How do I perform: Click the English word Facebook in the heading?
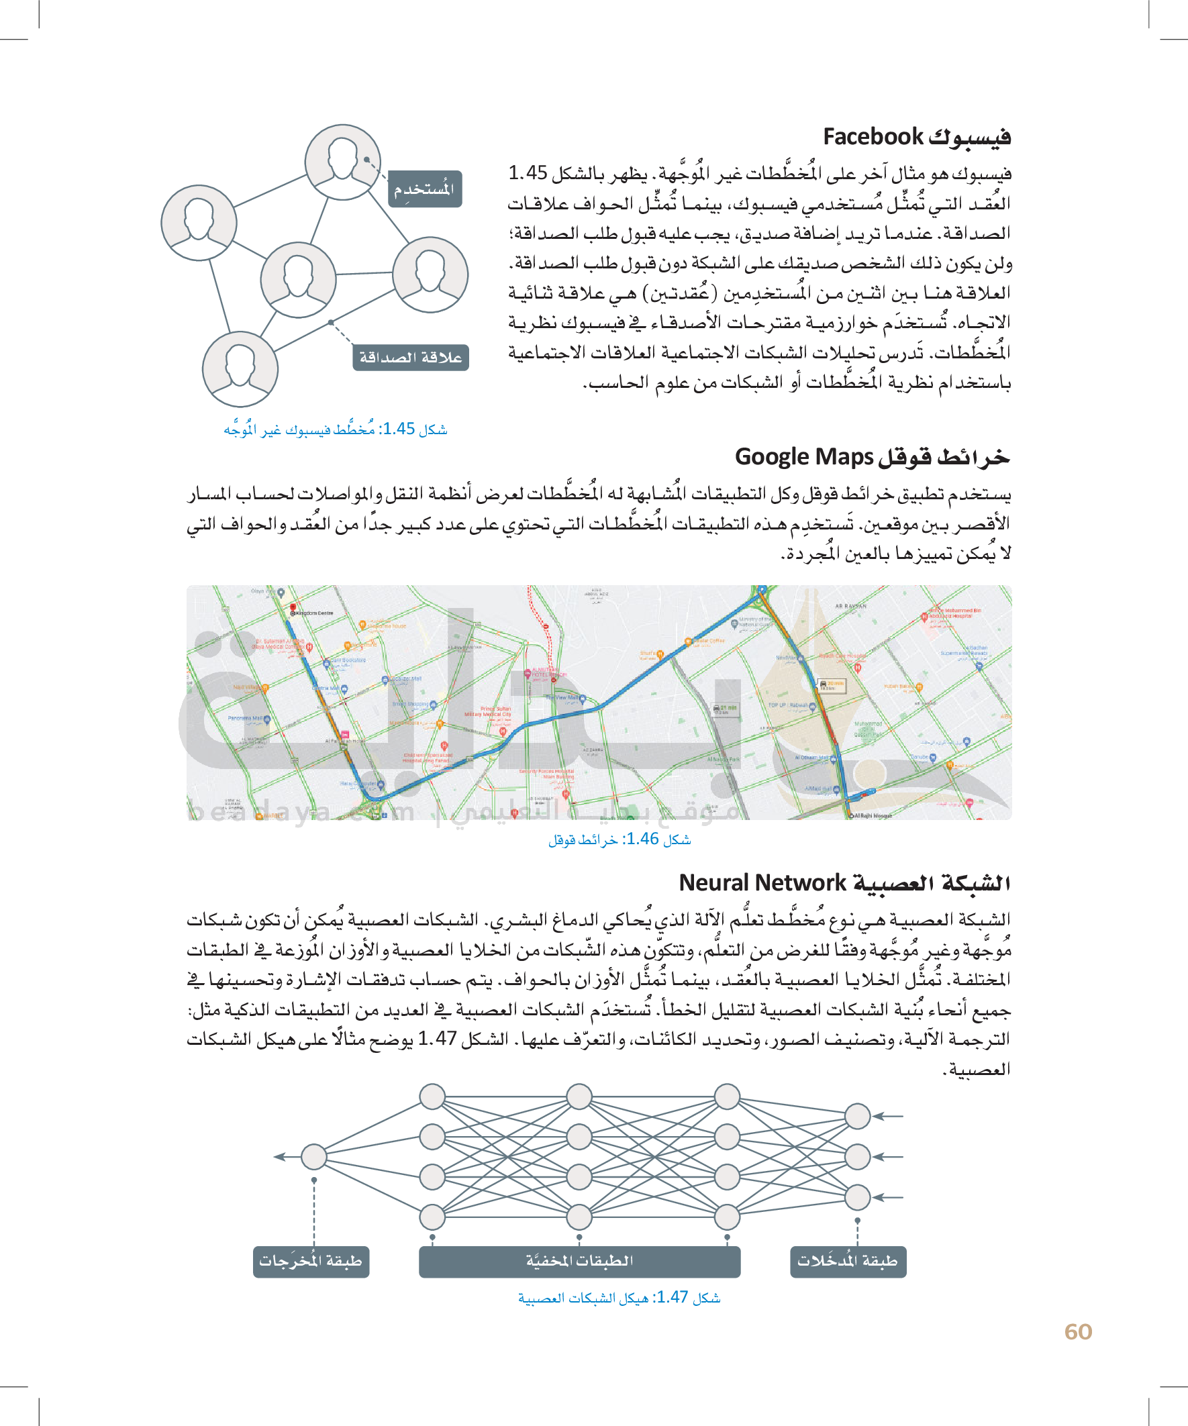point(873,136)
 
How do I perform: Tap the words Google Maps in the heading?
point(803,456)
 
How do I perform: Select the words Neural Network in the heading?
point(762,882)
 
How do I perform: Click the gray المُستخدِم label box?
point(425,189)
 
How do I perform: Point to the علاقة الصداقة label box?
point(410,357)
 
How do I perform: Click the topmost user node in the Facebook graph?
point(342,162)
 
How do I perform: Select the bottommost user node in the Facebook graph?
point(240,368)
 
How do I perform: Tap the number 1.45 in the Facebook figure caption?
point(398,429)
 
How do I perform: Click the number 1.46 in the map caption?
point(642,839)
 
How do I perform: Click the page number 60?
point(1078,1331)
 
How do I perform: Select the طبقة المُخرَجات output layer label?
point(310,1261)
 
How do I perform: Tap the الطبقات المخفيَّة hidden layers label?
point(579,1261)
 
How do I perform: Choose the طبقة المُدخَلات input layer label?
point(848,1261)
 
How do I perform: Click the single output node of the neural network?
point(314,1156)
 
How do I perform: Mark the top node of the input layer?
point(857,1116)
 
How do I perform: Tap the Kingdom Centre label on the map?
point(314,613)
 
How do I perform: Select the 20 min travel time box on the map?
point(832,684)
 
